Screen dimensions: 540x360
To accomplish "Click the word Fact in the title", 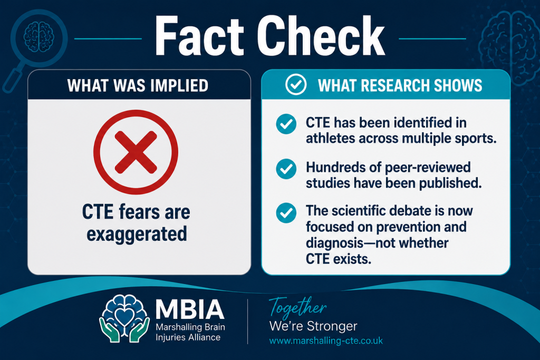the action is [x=199, y=36].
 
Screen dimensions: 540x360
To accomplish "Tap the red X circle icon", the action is [x=136, y=152].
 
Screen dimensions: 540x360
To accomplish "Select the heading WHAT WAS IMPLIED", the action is [x=138, y=86].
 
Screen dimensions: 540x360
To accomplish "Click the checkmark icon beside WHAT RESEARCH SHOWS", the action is [x=296, y=84].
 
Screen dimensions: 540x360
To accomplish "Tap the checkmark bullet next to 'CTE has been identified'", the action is [x=286, y=124].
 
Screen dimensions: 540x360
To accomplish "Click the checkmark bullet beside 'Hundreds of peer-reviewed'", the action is [x=286, y=169].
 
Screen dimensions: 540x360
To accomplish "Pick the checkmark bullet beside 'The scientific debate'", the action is [x=286, y=213].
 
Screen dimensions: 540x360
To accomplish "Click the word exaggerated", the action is [x=137, y=235].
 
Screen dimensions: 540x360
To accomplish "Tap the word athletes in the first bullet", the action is [x=330, y=138].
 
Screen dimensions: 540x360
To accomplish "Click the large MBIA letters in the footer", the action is [x=190, y=309].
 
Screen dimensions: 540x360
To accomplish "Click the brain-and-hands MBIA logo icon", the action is [x=124, y=318].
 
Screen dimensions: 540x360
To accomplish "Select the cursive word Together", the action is [x=297, y=307].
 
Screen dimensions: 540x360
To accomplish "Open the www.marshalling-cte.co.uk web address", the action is [x=326, y=341].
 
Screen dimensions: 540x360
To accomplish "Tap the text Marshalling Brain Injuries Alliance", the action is [x=190, y=332].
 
